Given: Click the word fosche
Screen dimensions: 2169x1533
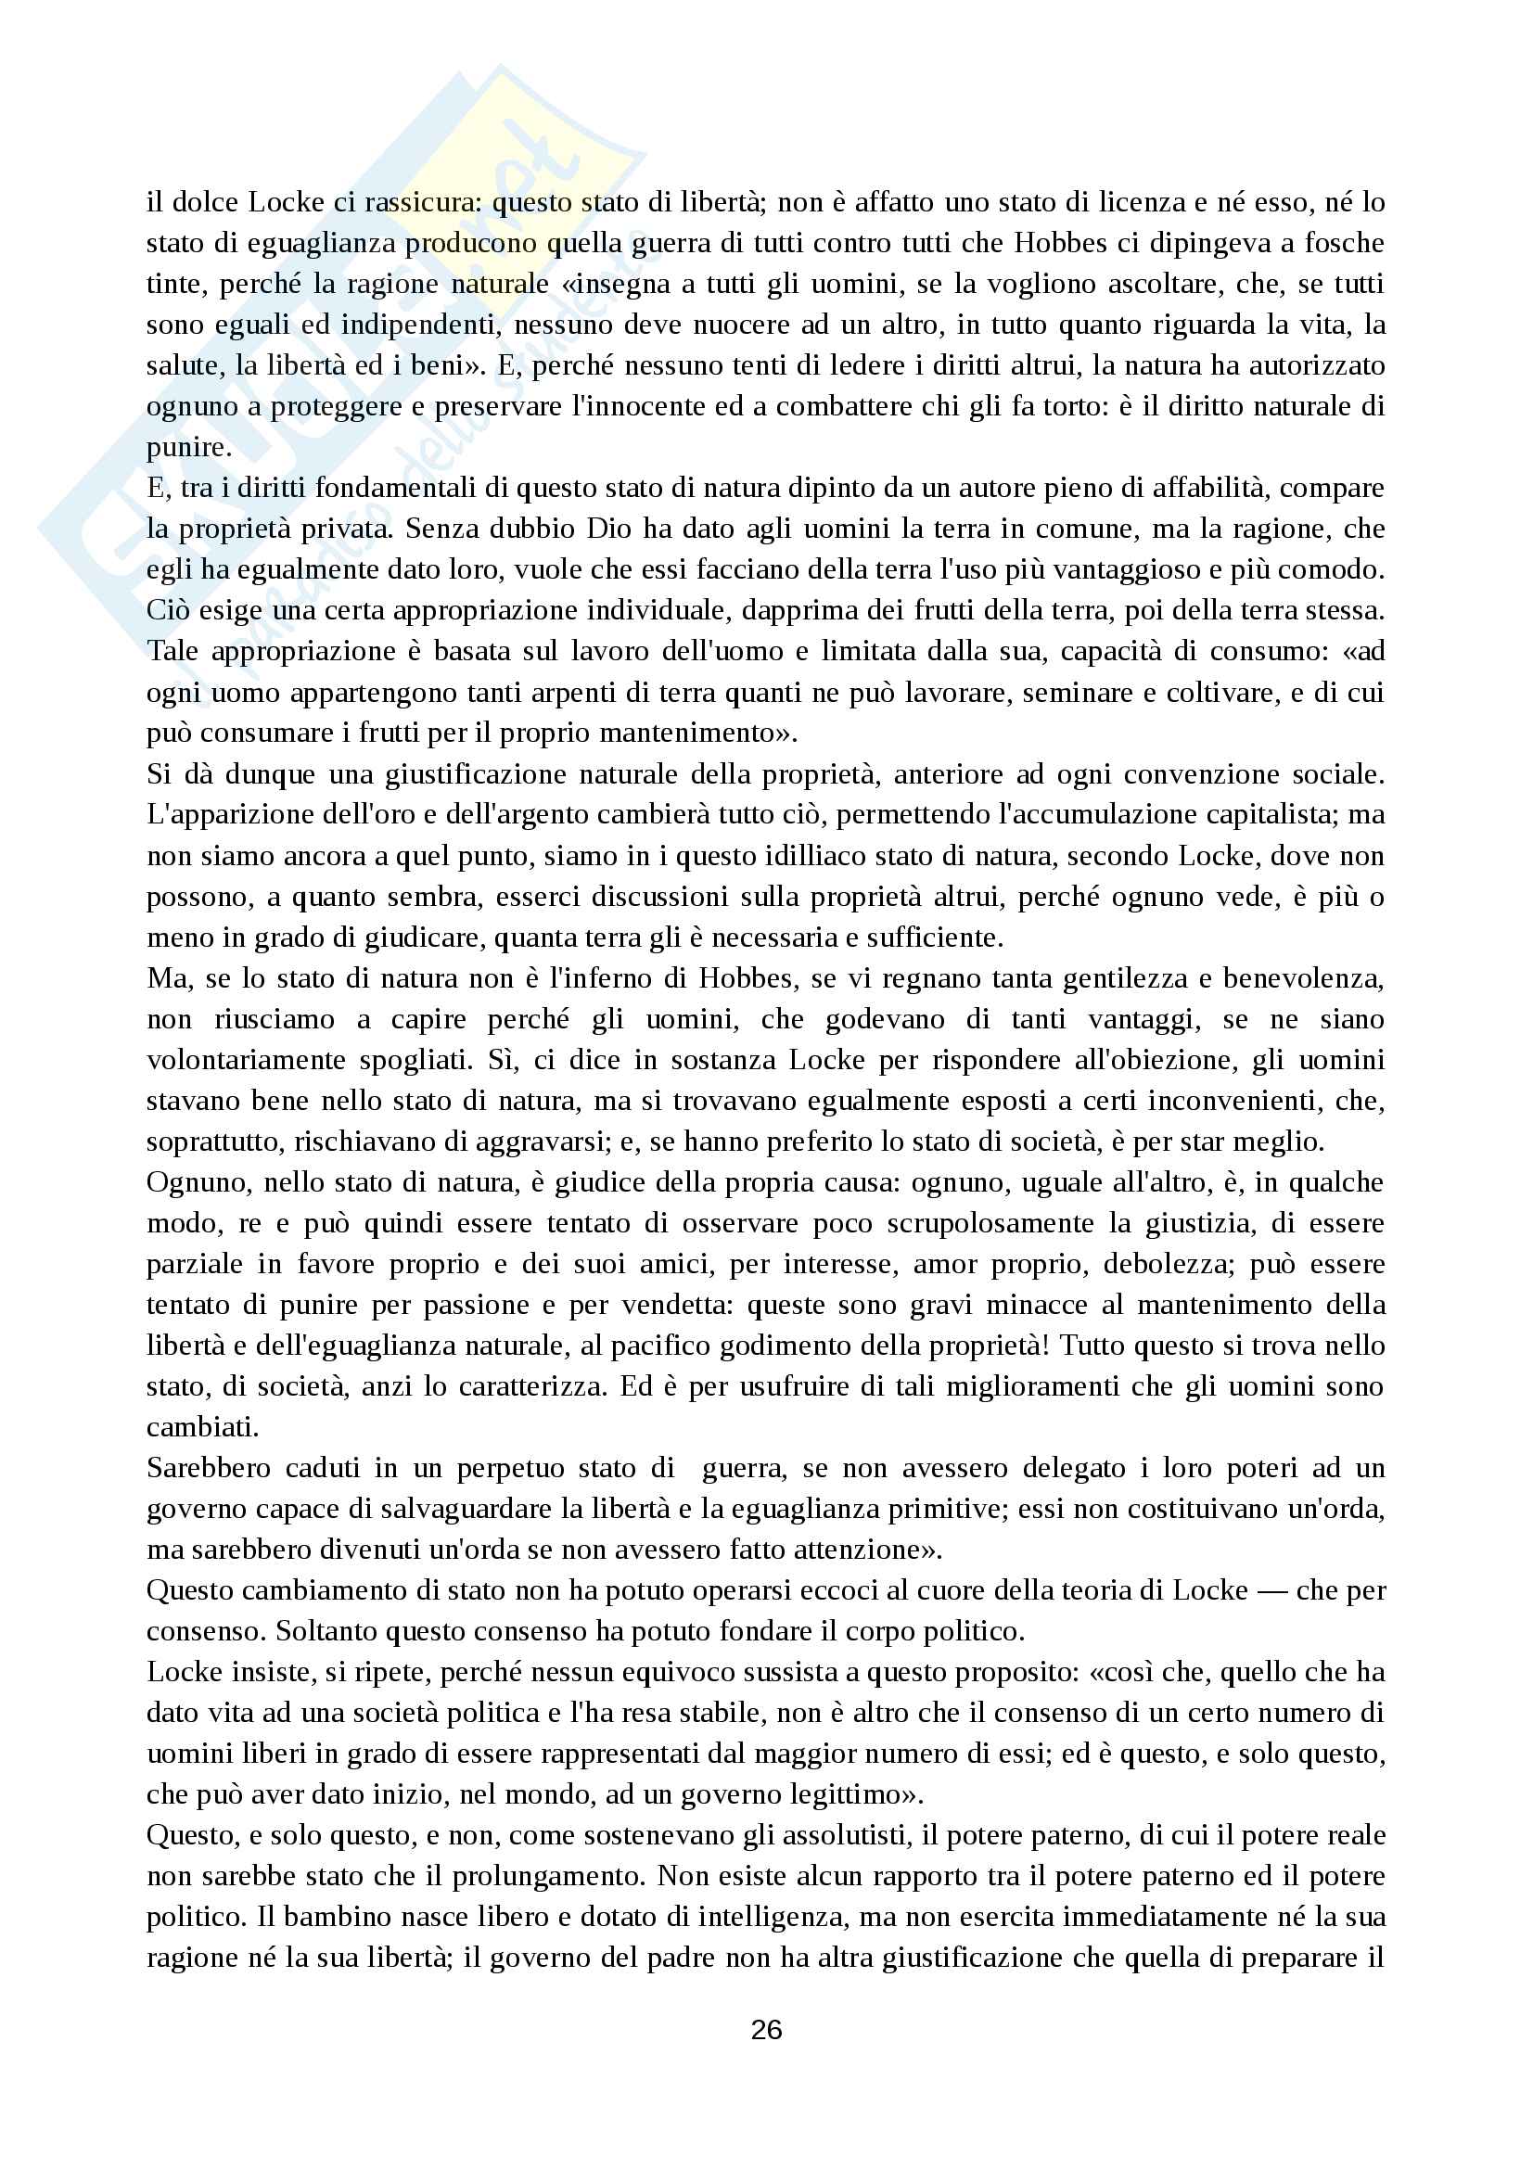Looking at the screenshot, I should (x=1345, y=243).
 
